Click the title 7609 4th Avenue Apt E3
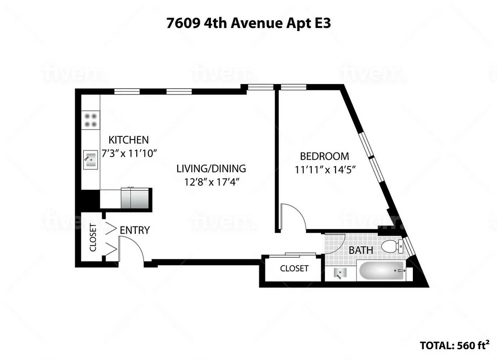point(248,23)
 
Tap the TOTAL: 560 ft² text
point(454,345)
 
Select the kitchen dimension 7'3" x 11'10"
point(130,153)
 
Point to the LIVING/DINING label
point(211,169)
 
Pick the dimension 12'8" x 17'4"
point(211,183)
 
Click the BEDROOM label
point(324,156)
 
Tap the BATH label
point(361,250)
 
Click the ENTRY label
point(134,230)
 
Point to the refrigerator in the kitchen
point(135,198)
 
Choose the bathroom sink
point(340,272)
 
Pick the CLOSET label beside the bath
point(294,269)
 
